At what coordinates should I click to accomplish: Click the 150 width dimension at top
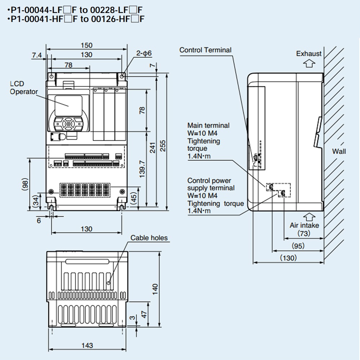(86, 45)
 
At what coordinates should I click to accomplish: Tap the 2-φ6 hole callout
(144, 53)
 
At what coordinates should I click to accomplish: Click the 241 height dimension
(153, 148)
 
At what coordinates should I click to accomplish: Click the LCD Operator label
(23, 88)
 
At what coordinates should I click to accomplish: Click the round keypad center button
(68, 124)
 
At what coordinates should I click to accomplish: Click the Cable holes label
(149, 238)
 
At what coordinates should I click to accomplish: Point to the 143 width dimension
(87, 346)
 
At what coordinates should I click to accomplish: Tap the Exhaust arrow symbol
(309, 64)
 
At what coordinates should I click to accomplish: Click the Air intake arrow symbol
(309, 216)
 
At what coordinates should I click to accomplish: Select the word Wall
(339, 151)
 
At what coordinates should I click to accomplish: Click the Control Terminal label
(205, 50)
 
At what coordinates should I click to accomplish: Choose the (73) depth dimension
(304, 234)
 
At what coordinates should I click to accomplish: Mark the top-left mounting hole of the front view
(52, 76)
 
